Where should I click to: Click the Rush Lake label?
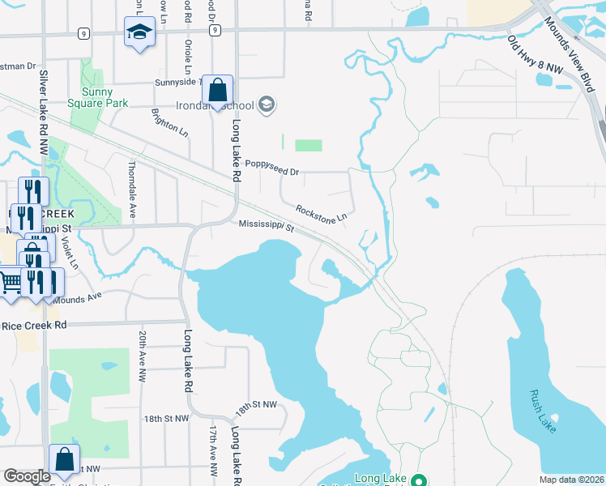pos(542,411)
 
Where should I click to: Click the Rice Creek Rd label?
pos(33,325)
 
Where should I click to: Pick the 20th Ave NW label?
pos(142,356)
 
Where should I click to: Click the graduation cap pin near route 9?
pos(139,33)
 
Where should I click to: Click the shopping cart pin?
pos(11,283)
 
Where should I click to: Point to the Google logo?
pos(27,476)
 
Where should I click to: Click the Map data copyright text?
pos(570,480)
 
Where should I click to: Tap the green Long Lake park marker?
pos(418,480)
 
